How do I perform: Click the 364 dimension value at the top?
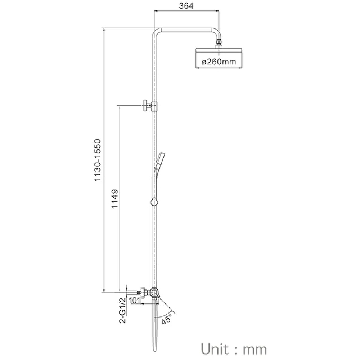186,6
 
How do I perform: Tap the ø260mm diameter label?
219,62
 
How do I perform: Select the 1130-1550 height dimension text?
98,160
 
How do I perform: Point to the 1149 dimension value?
114,199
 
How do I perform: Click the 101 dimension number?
134,300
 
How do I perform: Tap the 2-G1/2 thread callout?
123,310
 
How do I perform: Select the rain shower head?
219,58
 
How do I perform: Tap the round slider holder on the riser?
154,202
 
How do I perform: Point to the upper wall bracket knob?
145,105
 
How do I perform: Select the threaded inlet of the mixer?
138,293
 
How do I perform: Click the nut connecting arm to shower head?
219,42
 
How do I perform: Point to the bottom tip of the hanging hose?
155,350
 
